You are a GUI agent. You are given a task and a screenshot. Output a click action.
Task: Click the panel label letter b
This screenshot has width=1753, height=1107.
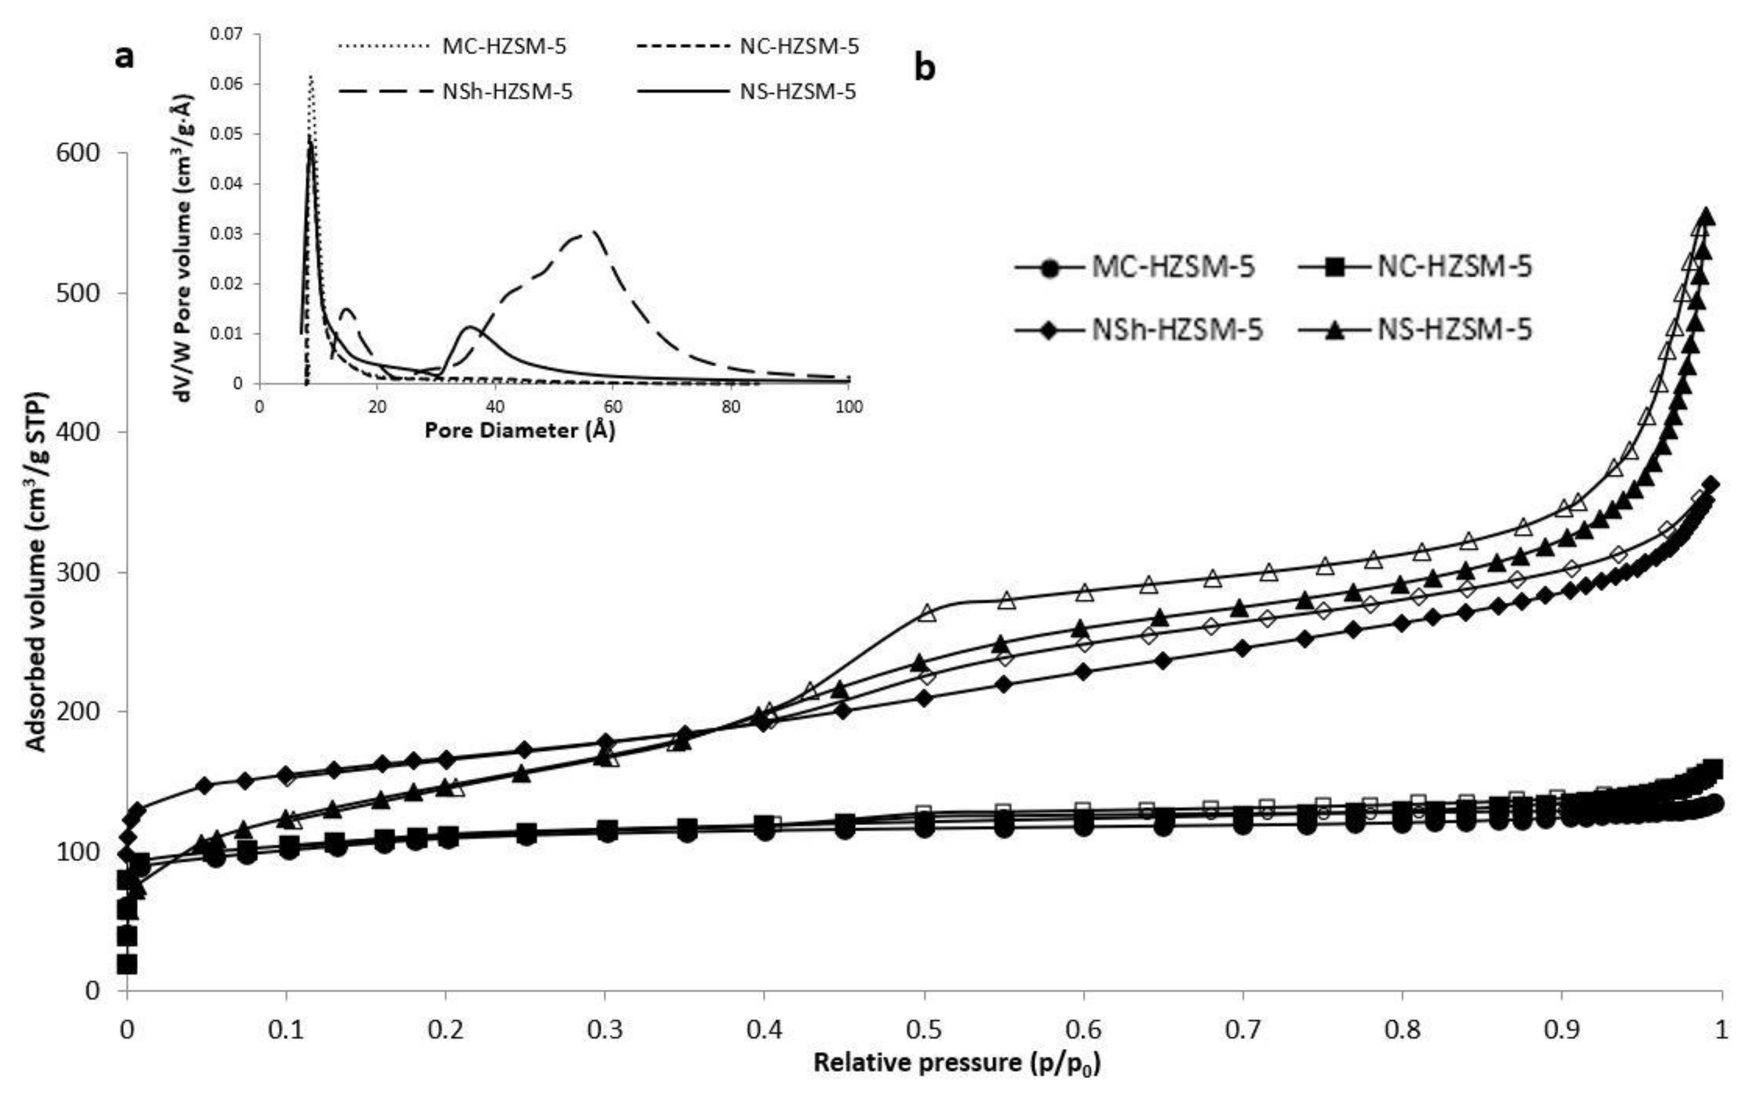924,69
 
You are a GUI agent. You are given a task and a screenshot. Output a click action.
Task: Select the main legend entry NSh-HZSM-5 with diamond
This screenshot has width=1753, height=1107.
1139,330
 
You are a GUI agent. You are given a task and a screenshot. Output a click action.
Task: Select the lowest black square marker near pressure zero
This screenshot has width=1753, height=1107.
128,964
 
